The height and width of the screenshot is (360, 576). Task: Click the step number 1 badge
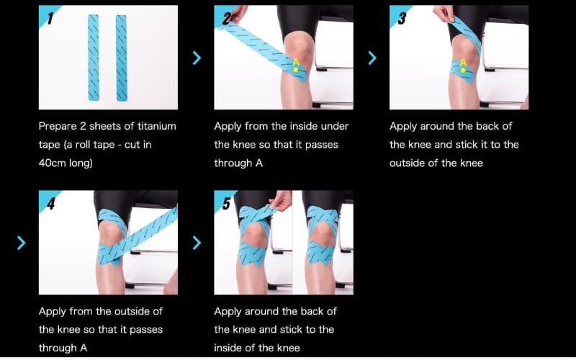(47, 14)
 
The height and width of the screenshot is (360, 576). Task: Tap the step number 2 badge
(222, 14)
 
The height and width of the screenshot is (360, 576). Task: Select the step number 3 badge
(397, 14)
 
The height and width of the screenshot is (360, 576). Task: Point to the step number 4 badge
(47, 200)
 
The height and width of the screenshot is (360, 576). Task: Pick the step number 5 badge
(222, 200)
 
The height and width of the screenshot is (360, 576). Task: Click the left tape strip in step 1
(94, 58)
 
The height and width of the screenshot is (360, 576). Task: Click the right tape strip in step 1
(122, 58)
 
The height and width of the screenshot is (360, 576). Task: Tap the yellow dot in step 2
(296, 69)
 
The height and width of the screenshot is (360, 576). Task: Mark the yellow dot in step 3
(463, 70)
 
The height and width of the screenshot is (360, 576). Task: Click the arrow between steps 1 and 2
(197, 58)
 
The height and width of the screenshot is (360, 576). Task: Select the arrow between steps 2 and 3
(372, 58)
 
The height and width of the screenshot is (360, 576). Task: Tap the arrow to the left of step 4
(22, 243)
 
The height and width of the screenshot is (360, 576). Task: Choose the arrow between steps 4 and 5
(197, 243)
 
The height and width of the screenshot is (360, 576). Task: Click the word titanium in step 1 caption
(157, 127)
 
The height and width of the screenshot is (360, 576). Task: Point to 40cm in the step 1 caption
(52, 163)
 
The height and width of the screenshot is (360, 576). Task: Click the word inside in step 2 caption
(303, 127)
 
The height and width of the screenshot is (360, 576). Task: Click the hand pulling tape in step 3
(444, 14)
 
